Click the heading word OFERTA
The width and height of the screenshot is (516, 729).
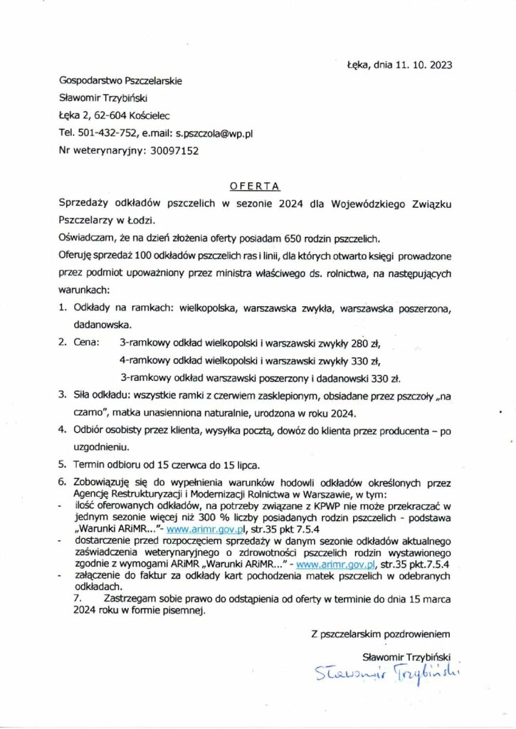(x=255, y=187)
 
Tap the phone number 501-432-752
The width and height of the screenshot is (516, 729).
(x=107, y=133)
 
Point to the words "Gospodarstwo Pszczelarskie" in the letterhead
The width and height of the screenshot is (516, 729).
(x=120, y=80)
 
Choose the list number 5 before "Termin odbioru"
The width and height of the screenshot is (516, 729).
(x=62, y=464)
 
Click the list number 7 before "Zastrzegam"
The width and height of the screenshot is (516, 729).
(x=78, y=599)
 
